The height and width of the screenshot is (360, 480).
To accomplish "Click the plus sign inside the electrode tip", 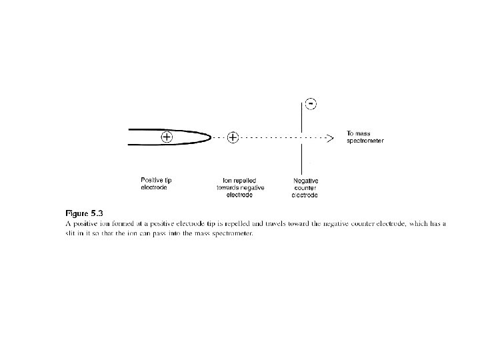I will (x=166, y=137).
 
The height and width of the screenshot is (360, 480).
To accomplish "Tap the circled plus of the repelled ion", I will (x=233, y=138).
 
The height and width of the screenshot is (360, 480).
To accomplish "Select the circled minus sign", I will (x=311, y=103).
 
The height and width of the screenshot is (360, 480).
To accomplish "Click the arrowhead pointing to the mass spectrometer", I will (x=329, y=138).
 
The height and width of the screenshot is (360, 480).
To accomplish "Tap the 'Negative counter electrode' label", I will (x=306, y=187).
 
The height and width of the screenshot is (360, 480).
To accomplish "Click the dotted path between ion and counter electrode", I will (x=270, y=138).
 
